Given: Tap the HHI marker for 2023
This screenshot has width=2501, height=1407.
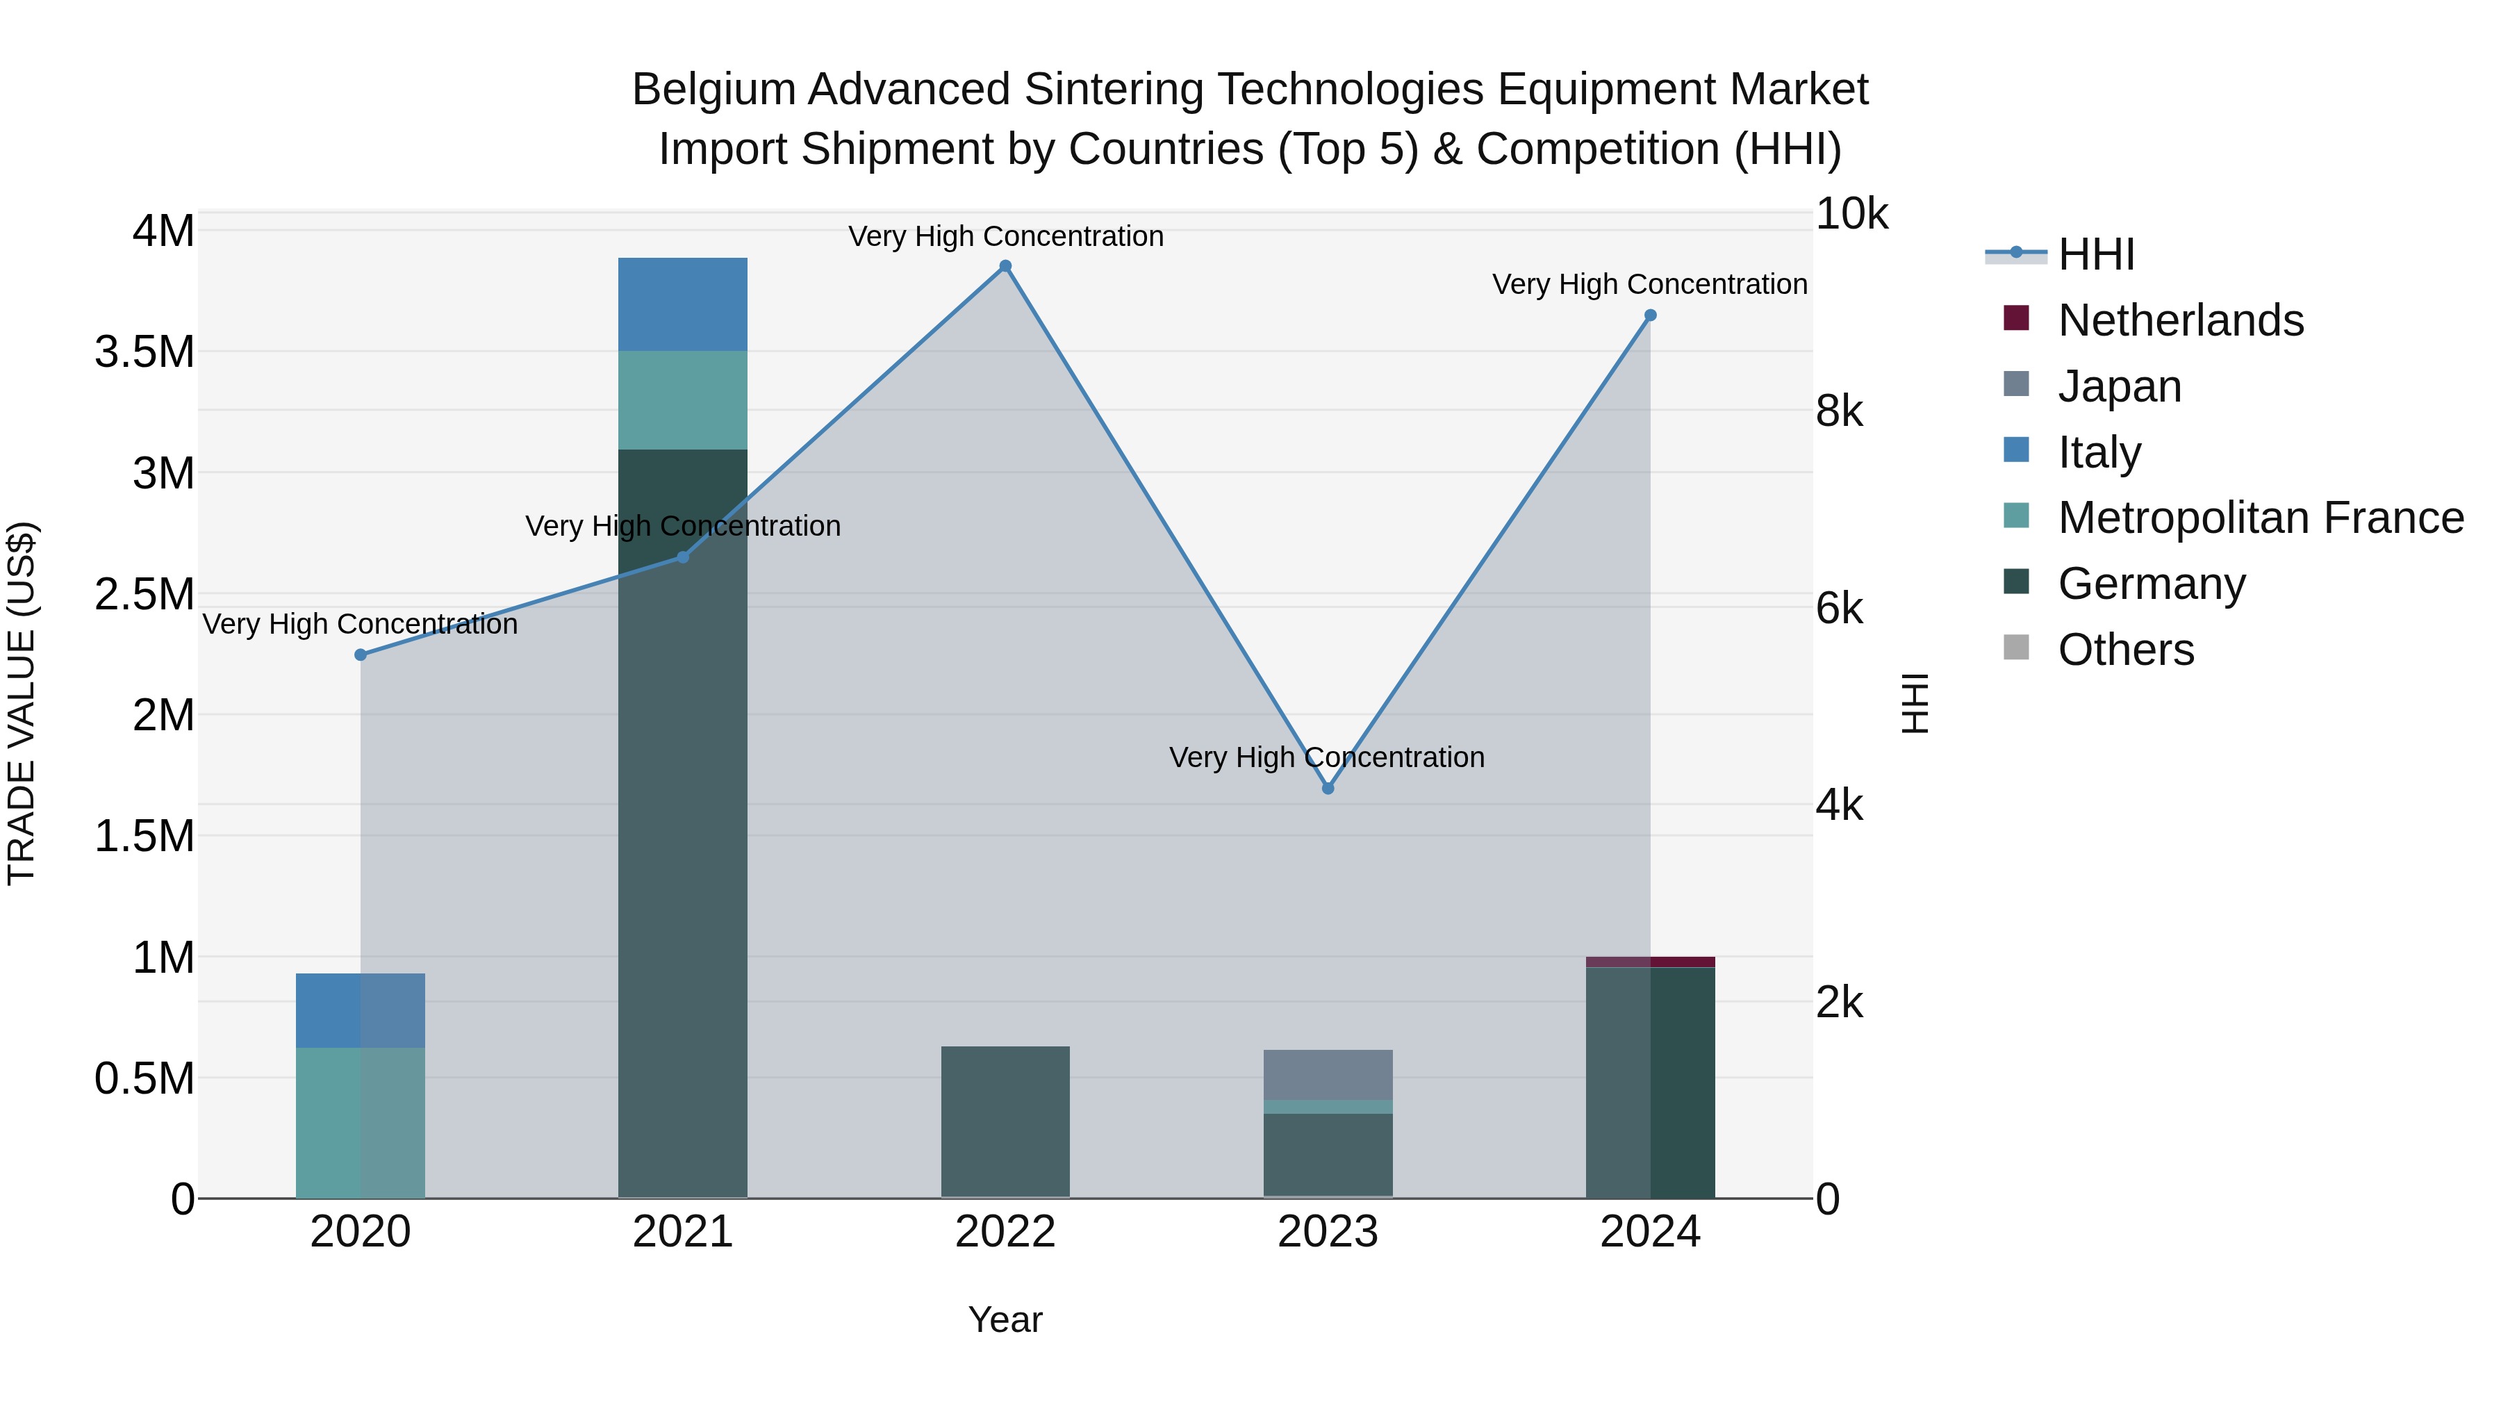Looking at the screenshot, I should [x=1328, y=789].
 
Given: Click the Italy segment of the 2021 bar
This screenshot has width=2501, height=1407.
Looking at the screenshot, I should [x=682, y=304].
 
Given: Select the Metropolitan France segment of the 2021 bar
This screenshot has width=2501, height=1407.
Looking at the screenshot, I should [x=682, y=400].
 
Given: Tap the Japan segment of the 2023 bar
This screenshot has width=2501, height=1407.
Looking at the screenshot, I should [x=1328, y=1074].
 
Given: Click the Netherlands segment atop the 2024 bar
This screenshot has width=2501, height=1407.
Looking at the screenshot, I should [x=1651, y=962].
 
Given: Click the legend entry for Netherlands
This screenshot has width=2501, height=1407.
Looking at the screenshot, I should [x=2179, y=320].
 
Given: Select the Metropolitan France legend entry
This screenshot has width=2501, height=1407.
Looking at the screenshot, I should [x=2260, y=518].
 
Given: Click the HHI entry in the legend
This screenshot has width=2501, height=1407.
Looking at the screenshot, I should [x=2095, y=254].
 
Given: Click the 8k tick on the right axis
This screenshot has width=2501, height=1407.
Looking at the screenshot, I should [x=1839, y=412].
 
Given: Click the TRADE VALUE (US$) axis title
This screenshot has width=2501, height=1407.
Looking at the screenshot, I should [x=22, y=703].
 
